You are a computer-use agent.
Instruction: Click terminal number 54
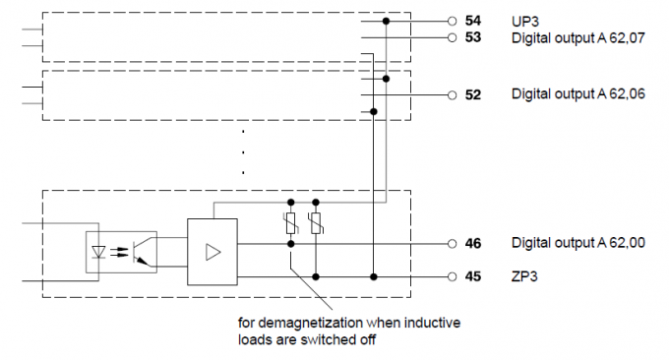click(x=473, y=21)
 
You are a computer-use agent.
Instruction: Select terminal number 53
click(x=473, y=37)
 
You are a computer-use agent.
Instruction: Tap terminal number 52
click(x=473, y=94)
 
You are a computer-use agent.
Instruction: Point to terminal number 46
click(x=473, y=244)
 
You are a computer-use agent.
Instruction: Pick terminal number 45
click(x=473, y=276)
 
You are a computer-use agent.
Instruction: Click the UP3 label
click(x=524, y=22)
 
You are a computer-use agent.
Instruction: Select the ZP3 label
click(x=524, y=276)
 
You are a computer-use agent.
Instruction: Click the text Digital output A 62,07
click(x=578, y=38)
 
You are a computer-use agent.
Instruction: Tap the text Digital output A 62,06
click(x=578, y=93)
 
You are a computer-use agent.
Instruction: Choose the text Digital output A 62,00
click(x=578, y=243)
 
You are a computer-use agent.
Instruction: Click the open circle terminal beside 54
click(x=452, y=21)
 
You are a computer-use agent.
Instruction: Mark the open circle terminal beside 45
click(x=452, y=276)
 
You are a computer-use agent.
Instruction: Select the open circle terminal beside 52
click(x=452, y=95)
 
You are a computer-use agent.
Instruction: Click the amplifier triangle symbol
click(x=213, y=252)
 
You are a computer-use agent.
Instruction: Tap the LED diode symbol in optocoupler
click(x=99, y=252)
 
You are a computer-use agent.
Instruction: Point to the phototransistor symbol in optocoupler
click(x=141, y=252)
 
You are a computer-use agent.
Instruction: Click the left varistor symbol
click(x=290, y=223)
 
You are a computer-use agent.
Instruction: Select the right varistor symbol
click(x=316, y=223)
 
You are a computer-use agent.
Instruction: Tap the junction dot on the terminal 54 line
click(x=386, y=21)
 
